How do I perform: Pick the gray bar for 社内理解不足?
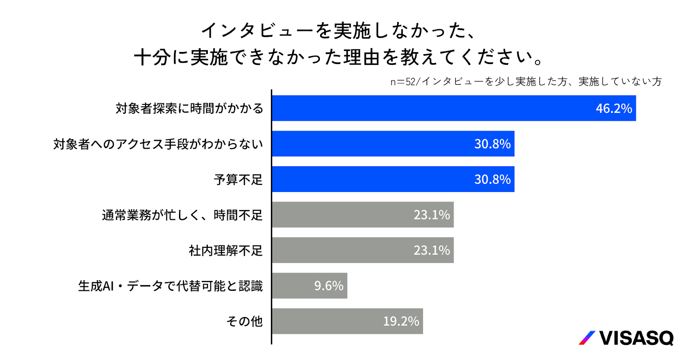pos(343,250)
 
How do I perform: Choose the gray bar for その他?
pos(326,321)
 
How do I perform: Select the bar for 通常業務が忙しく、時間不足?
pos(343,214)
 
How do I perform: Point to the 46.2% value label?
pos(614,108)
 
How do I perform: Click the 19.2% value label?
pos(401,321)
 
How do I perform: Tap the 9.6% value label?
pos(328,286)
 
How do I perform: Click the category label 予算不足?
pos(238,179)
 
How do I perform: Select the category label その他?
pos(244,321)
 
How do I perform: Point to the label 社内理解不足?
pos(225,250)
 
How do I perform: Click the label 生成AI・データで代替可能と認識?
pos(170,286)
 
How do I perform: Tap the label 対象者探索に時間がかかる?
pos(189,108)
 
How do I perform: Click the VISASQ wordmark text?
pos(636,338)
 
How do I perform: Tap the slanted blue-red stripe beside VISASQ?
pos(587,338)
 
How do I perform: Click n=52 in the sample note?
pos(403,82)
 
